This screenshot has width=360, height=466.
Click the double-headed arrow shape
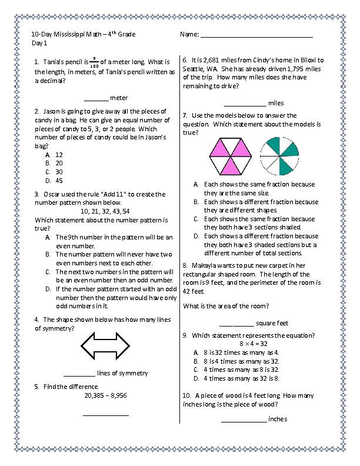(x=105, y=345)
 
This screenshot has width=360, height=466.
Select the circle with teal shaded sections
(x=279, y=156)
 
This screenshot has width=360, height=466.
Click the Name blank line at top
(x=256, y=36)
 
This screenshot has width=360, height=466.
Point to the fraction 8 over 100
(x=94, y=61)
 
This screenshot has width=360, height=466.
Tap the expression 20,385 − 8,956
(x=105, y=395)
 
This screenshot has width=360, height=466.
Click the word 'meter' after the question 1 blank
(x=119, y=98)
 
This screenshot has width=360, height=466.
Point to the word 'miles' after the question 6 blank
(x=275, y=103)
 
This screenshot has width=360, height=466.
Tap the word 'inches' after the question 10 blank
(x=277, y=419)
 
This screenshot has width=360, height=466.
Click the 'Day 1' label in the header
(x=39, y=44)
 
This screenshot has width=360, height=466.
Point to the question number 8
(x=185, y=265)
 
